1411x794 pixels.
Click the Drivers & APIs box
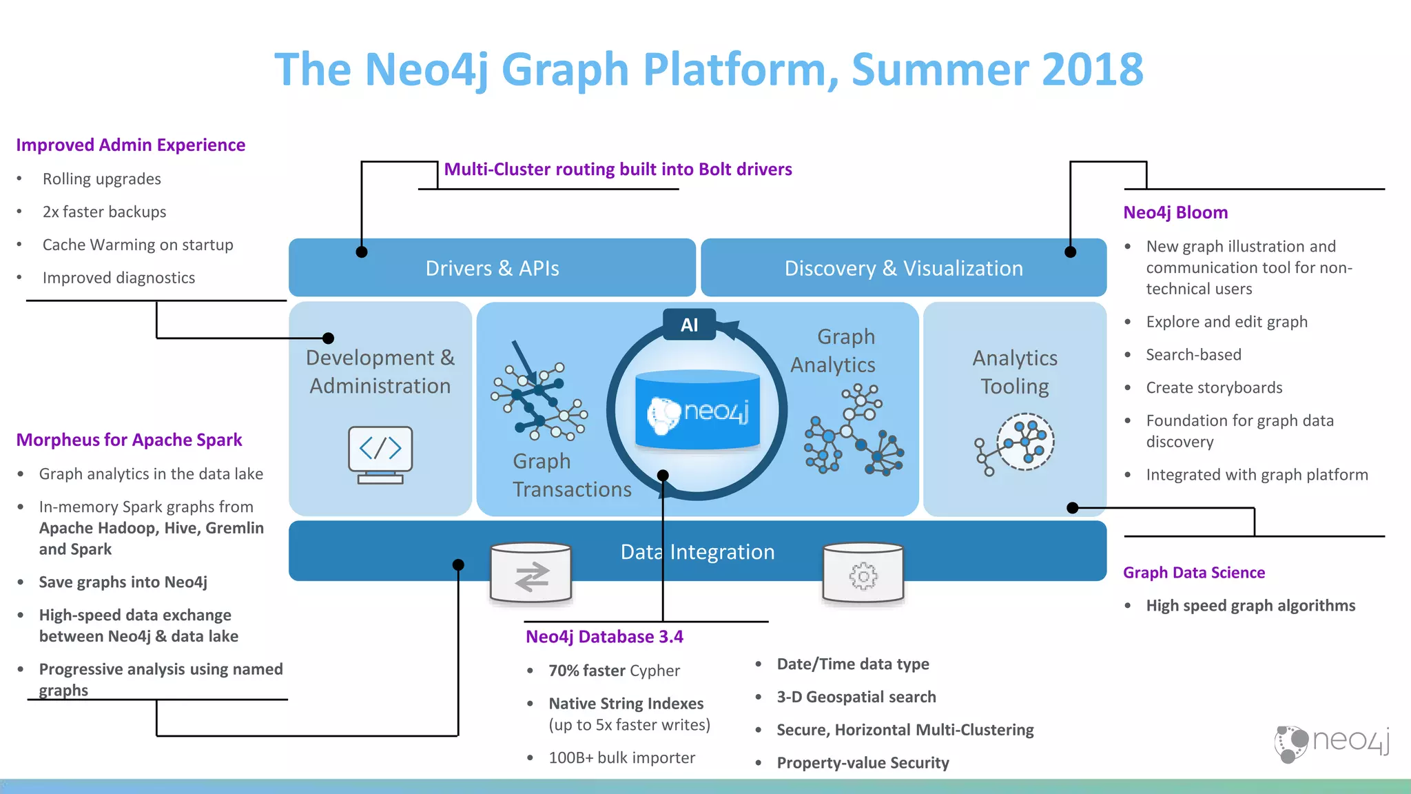point(492,268)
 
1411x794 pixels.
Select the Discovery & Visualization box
point(903,268)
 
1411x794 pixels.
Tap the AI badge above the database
point(689,325)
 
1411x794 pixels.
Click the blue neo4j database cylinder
point(697,411)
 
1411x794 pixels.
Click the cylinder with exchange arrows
point(531,574)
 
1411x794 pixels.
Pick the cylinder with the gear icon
point(863,574)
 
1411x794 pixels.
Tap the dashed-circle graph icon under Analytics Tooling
point(1025,442)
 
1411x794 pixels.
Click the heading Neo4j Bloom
point(1175,212)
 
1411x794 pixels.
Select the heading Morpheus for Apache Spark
point(129,440)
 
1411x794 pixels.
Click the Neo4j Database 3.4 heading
point(604,637)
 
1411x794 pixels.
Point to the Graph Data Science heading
point(1194,573)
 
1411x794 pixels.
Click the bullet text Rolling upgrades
point(101,179)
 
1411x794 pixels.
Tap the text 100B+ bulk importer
point(621,758)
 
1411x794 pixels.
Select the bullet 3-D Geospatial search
point(856,698)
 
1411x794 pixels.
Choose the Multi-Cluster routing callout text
point(618,170)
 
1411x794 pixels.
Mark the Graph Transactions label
point(571,475)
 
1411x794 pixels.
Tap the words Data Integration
point(697,552)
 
